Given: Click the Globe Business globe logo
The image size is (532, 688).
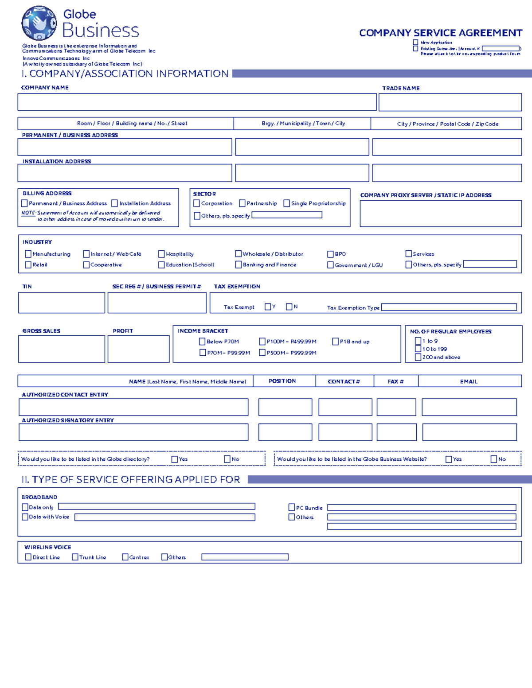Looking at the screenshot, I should click(39, 23).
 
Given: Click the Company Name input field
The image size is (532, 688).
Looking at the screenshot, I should click(197, 102).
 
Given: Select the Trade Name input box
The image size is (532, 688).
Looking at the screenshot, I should click(450, 102).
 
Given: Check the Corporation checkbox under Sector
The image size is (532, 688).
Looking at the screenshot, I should click(197, 203).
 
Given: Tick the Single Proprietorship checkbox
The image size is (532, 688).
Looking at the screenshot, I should click(287, 203).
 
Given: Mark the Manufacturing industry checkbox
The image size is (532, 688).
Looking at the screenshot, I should click(28, 254).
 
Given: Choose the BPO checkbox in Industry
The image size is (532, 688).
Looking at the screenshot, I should click(330, 254).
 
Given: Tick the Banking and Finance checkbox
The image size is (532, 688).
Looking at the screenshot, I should click(239, 264).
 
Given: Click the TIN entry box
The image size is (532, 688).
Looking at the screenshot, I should click(62, 303).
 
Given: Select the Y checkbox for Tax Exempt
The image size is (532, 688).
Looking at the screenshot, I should click(268, 307).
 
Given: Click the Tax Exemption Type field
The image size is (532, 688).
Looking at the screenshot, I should click(449, 307).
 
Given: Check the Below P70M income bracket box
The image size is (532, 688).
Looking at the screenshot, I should click(202, 342).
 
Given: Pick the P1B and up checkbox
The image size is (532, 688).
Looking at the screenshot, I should click(336, 342).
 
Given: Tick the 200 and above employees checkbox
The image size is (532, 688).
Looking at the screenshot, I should click(418, 357).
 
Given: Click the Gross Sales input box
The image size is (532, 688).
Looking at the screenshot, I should click(62, 349).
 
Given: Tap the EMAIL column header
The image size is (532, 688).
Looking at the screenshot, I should click(469, 381).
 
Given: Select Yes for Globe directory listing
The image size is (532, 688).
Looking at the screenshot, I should click(175, 459).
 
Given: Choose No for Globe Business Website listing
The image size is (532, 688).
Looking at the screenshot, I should click(494, 459).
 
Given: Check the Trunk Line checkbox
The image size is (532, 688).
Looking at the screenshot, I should click(75, 557).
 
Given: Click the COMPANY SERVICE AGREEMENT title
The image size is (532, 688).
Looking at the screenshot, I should click(441, 33).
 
